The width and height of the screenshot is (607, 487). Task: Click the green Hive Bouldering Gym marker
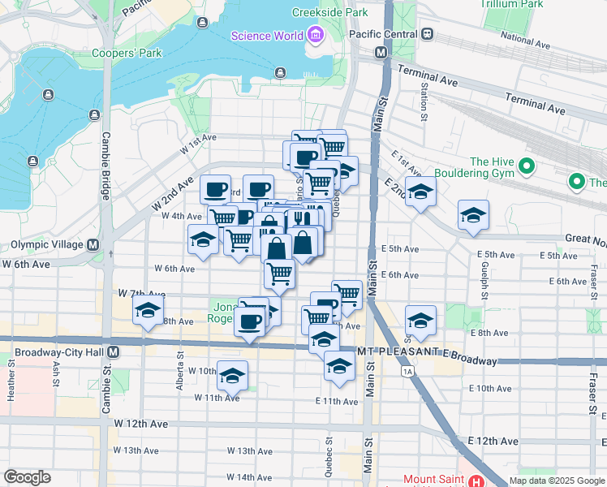(x=526, y=167)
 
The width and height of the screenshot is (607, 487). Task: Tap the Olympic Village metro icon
(x=93, y=244)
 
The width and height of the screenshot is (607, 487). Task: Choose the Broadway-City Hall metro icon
(x=113, y=352)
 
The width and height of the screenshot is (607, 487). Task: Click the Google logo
(x=27, y=477)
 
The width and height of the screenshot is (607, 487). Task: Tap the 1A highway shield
(x=408, y=370)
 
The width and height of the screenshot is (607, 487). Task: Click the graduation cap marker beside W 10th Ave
(x=232, y=376)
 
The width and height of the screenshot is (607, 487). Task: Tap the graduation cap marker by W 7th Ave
(x=149, y=311)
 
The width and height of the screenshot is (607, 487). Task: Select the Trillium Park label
(x=534, y=4)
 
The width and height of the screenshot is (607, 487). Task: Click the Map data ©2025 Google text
(x=556, y=481)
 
